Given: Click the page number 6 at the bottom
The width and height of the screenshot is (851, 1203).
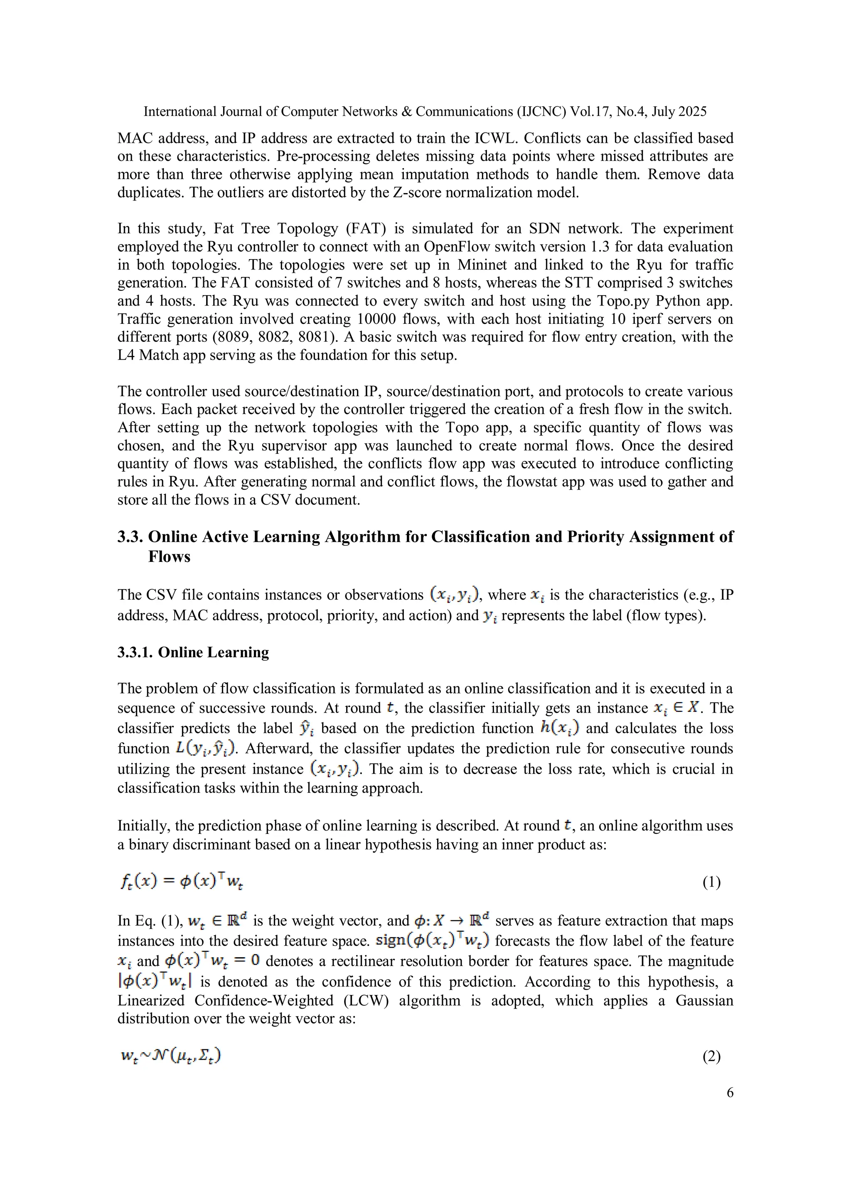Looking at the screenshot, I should [730, 1093].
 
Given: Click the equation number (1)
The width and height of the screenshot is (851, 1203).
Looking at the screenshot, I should [711, 882].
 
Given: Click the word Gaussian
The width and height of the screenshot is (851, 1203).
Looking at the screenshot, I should [704, 1000].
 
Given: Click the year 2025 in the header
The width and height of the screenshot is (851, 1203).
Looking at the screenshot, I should [692, 112].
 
